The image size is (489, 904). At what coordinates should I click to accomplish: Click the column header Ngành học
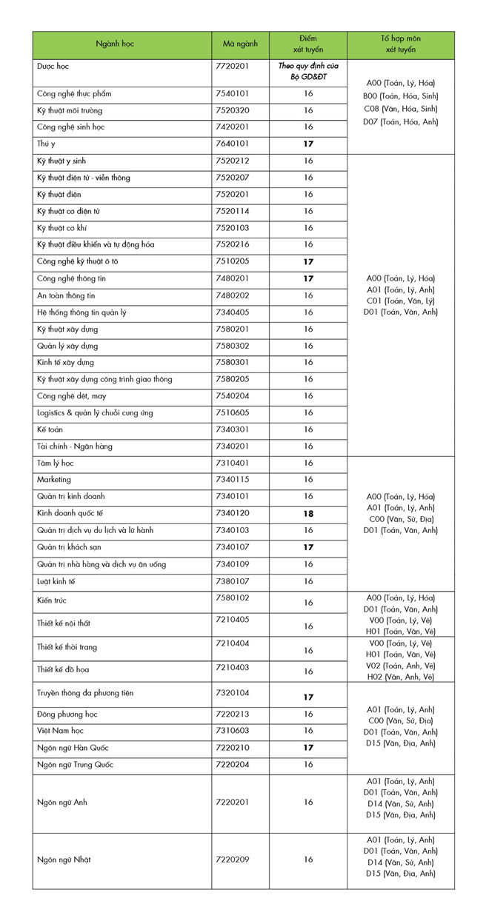click(122, 44)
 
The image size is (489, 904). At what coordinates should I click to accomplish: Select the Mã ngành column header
click(240, 44)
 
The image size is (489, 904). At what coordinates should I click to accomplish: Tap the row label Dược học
click(53, 67)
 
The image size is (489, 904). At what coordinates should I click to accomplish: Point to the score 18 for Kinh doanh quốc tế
click(308, 513)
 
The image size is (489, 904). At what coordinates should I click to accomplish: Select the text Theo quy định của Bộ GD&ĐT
click(307, 72)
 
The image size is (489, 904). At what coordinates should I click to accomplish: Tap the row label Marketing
click(54, 480)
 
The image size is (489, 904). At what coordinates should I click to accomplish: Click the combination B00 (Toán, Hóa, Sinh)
click(400, 96)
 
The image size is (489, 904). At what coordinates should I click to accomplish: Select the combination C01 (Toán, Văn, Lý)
click(400, 301)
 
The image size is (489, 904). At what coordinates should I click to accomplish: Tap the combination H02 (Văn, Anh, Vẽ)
click(400, 677)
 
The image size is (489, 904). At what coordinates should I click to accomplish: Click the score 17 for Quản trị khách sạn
click(308, 547)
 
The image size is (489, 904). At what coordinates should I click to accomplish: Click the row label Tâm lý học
click(55, 463)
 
